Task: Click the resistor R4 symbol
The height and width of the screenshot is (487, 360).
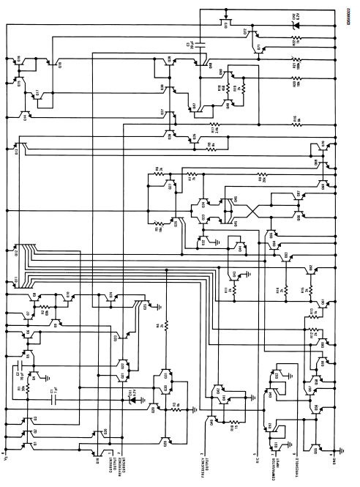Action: (166, 324)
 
